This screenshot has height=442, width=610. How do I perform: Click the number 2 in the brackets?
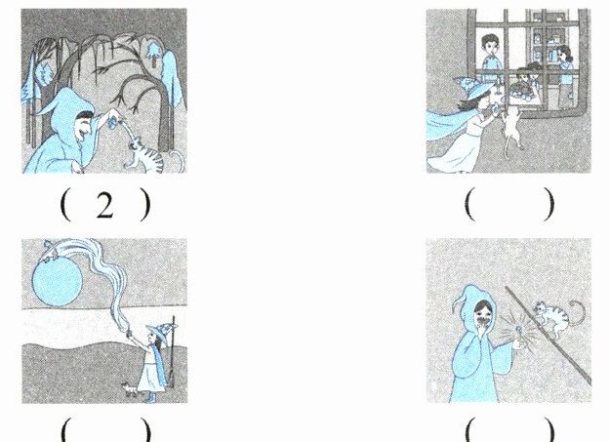point(104,205)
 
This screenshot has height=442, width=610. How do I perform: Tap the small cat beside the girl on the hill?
point(130,389)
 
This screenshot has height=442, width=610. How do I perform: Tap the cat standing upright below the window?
point(511,127)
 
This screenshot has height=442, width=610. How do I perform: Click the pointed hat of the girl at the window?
point(472,87)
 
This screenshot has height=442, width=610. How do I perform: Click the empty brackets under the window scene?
point(509,204)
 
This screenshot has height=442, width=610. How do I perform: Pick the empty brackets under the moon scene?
point(105,429)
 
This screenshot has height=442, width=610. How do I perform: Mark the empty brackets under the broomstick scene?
point(509,429)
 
